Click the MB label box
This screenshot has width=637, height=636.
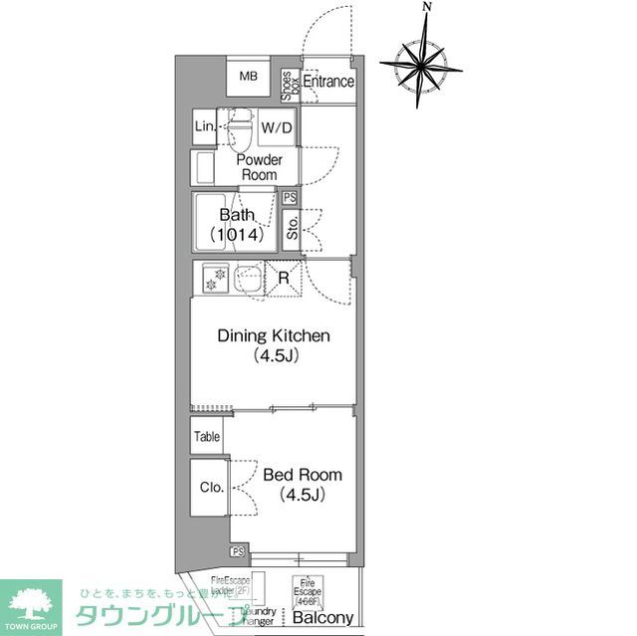[248, 77]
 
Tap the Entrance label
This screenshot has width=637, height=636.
[328, 82]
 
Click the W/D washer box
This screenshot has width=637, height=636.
[277, 128]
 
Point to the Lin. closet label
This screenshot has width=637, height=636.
[204, 127]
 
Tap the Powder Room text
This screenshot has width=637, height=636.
[258, 167]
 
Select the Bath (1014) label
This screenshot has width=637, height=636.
[237, 225]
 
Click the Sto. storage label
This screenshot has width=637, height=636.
[292, 230]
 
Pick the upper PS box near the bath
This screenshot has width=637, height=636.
[290, 197]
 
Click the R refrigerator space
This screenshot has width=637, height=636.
[284, 278]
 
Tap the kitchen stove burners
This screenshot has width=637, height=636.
[215, 278]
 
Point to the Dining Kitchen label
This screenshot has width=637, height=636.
[274, 344]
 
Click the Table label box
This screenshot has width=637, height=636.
[207, 436]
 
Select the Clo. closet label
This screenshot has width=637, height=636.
[210, 487]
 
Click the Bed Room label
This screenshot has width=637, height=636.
[302, 484]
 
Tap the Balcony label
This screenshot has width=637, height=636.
[322, 618]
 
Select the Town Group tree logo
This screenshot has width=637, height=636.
[29, 602]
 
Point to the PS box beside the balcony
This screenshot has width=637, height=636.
[238, 551]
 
